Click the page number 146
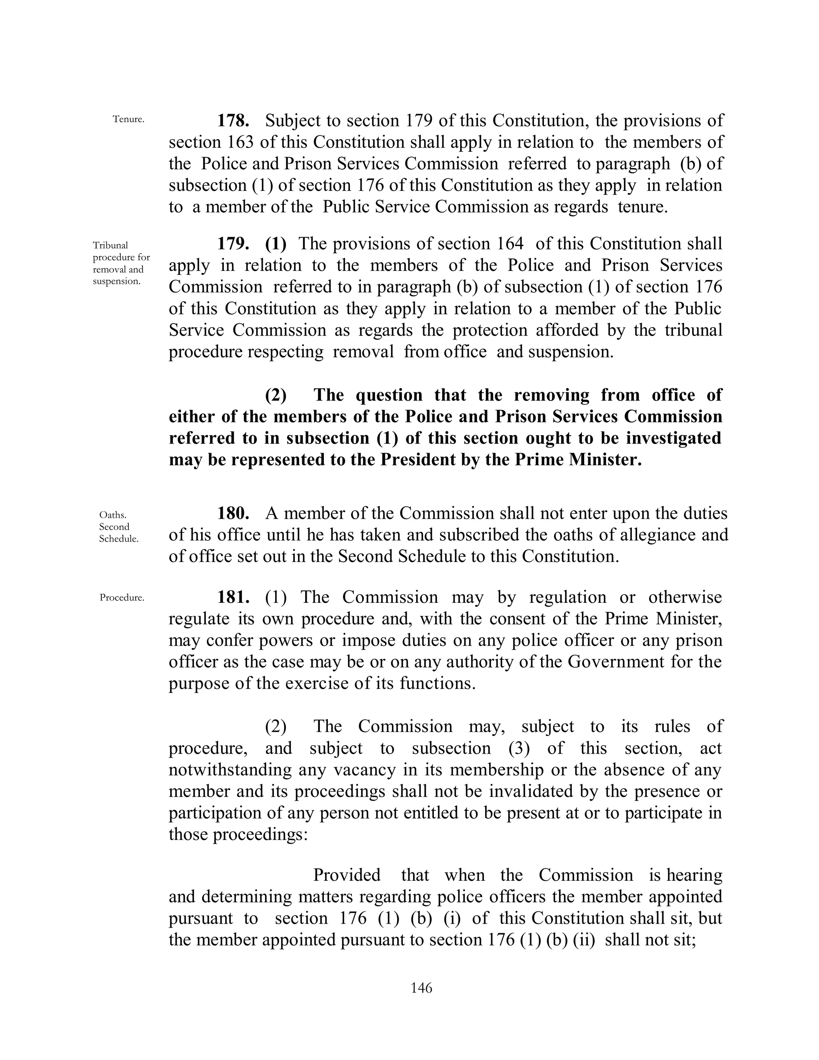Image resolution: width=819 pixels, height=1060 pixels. coord(421,988)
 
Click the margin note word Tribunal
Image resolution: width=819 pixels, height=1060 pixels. coord(111,245)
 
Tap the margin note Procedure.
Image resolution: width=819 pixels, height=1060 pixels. coord(122,598)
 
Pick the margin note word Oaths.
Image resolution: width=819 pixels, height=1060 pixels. coord(112,514)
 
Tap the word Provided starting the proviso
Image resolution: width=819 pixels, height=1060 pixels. coord(346,875)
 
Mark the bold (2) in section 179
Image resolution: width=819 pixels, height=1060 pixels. coord(276,395)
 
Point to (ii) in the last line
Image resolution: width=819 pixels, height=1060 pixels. coord(584,940)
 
